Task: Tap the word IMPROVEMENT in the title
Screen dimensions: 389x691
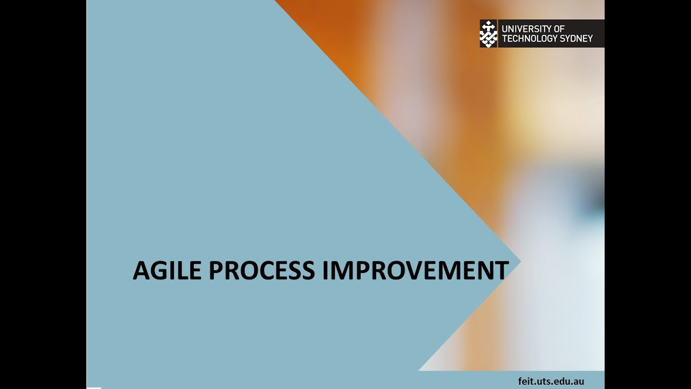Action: click(415, 270)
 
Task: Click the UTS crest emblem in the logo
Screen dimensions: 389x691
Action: click(488, 33)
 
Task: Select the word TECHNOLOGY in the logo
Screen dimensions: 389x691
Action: click(526, 38)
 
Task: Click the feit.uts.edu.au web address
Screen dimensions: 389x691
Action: click(551, 381)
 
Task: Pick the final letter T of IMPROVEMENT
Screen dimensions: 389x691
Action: click(502, 270)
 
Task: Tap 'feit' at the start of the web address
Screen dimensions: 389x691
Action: click(525, 381)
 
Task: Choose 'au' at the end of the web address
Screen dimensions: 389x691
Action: click(579, 381)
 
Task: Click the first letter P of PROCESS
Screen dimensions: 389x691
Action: click(215, 270)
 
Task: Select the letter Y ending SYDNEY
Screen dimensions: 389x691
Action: click(590, 38)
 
